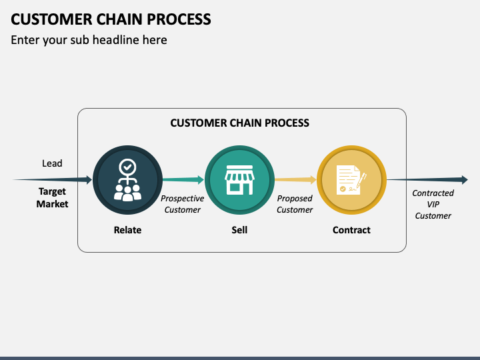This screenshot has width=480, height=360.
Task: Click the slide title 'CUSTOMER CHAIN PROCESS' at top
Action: (111, 19)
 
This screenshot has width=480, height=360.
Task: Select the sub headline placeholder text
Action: (89, 40)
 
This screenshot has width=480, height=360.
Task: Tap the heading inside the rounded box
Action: (239, 123)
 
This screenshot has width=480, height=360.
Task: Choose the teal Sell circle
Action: (239, 179)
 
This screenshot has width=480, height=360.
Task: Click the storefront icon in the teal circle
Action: (239, 181)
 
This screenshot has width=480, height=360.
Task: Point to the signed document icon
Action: (351, 180)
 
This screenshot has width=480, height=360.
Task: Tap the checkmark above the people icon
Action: (127, 167)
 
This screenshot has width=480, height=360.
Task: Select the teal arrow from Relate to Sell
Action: (183, 179)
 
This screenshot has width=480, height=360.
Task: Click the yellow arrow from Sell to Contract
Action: (295, 179)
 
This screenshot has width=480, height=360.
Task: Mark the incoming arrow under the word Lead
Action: (53, 179)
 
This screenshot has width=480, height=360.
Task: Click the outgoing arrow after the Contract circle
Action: (427, 179)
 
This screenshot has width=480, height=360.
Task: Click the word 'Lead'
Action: (52, 163)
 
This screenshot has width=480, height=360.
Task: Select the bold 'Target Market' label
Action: (52, 198)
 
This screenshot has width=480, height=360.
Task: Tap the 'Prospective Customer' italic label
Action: (183, 204)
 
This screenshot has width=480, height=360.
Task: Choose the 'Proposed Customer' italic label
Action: (295, 204)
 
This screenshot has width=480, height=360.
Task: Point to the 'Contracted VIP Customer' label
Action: (433, 204)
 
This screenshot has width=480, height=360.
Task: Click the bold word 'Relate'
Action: (127, 230)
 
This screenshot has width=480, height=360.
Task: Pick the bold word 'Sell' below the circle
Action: (239, 230)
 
